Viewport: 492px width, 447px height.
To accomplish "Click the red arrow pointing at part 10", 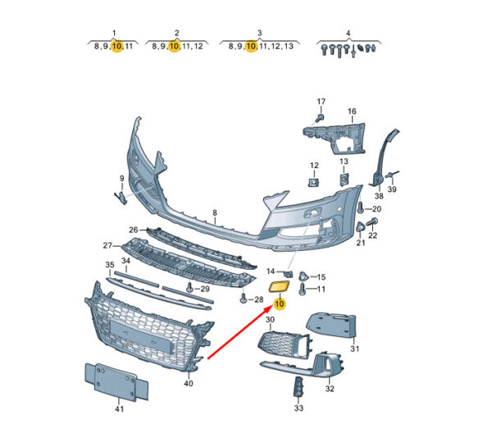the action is pyautogui.click(x=240, y=332).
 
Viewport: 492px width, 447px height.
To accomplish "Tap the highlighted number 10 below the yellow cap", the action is pyautogui.click(x=279, y=303).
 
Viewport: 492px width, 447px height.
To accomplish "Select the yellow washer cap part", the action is pyautogui.click(x=279, y=286).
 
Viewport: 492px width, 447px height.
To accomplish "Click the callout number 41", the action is pyautogui.click(x=119, y=408).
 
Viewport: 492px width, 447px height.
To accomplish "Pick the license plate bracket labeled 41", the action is pyautogui.click(x=116, y=381).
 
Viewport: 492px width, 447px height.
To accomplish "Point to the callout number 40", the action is pyautogui.click(x=189, y=383).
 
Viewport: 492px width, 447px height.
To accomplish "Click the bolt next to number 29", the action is pyautogui.click(x=189, y=287).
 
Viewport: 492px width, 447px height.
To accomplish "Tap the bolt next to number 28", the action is pyautogui.click(x=244, y=299).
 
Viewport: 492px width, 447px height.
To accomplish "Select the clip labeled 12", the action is pyautogui.click(x=314, y=181).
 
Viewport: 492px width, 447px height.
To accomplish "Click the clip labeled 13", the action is pyautogui.click(x=344, y=180).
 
